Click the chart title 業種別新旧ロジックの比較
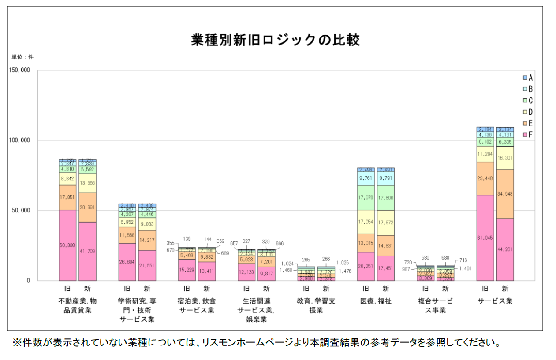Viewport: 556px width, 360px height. tap(276, 40)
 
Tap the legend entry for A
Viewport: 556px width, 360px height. tap(527, 78)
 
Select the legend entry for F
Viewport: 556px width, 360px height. tap(527, 135)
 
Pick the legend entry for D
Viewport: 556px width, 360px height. tap(527, 112)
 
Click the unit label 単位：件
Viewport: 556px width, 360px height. tap(22, 57)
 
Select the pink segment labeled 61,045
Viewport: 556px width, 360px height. tap(485, 238)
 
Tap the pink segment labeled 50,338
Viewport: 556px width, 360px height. tap(67, 245)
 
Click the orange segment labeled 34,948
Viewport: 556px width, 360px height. tap(505, 194)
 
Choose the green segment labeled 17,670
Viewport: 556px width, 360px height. tap(366, 197)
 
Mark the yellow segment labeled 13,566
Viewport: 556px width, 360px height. tap(87, 183)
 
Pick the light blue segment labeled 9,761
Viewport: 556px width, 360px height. tap(366, 178)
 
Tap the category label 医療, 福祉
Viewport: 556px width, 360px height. tap(376, 301)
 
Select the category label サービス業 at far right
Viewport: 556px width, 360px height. tap(495, 301)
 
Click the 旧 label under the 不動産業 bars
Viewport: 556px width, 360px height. tap(67, 289)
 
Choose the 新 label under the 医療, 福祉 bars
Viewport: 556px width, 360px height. tap(386, 289)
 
